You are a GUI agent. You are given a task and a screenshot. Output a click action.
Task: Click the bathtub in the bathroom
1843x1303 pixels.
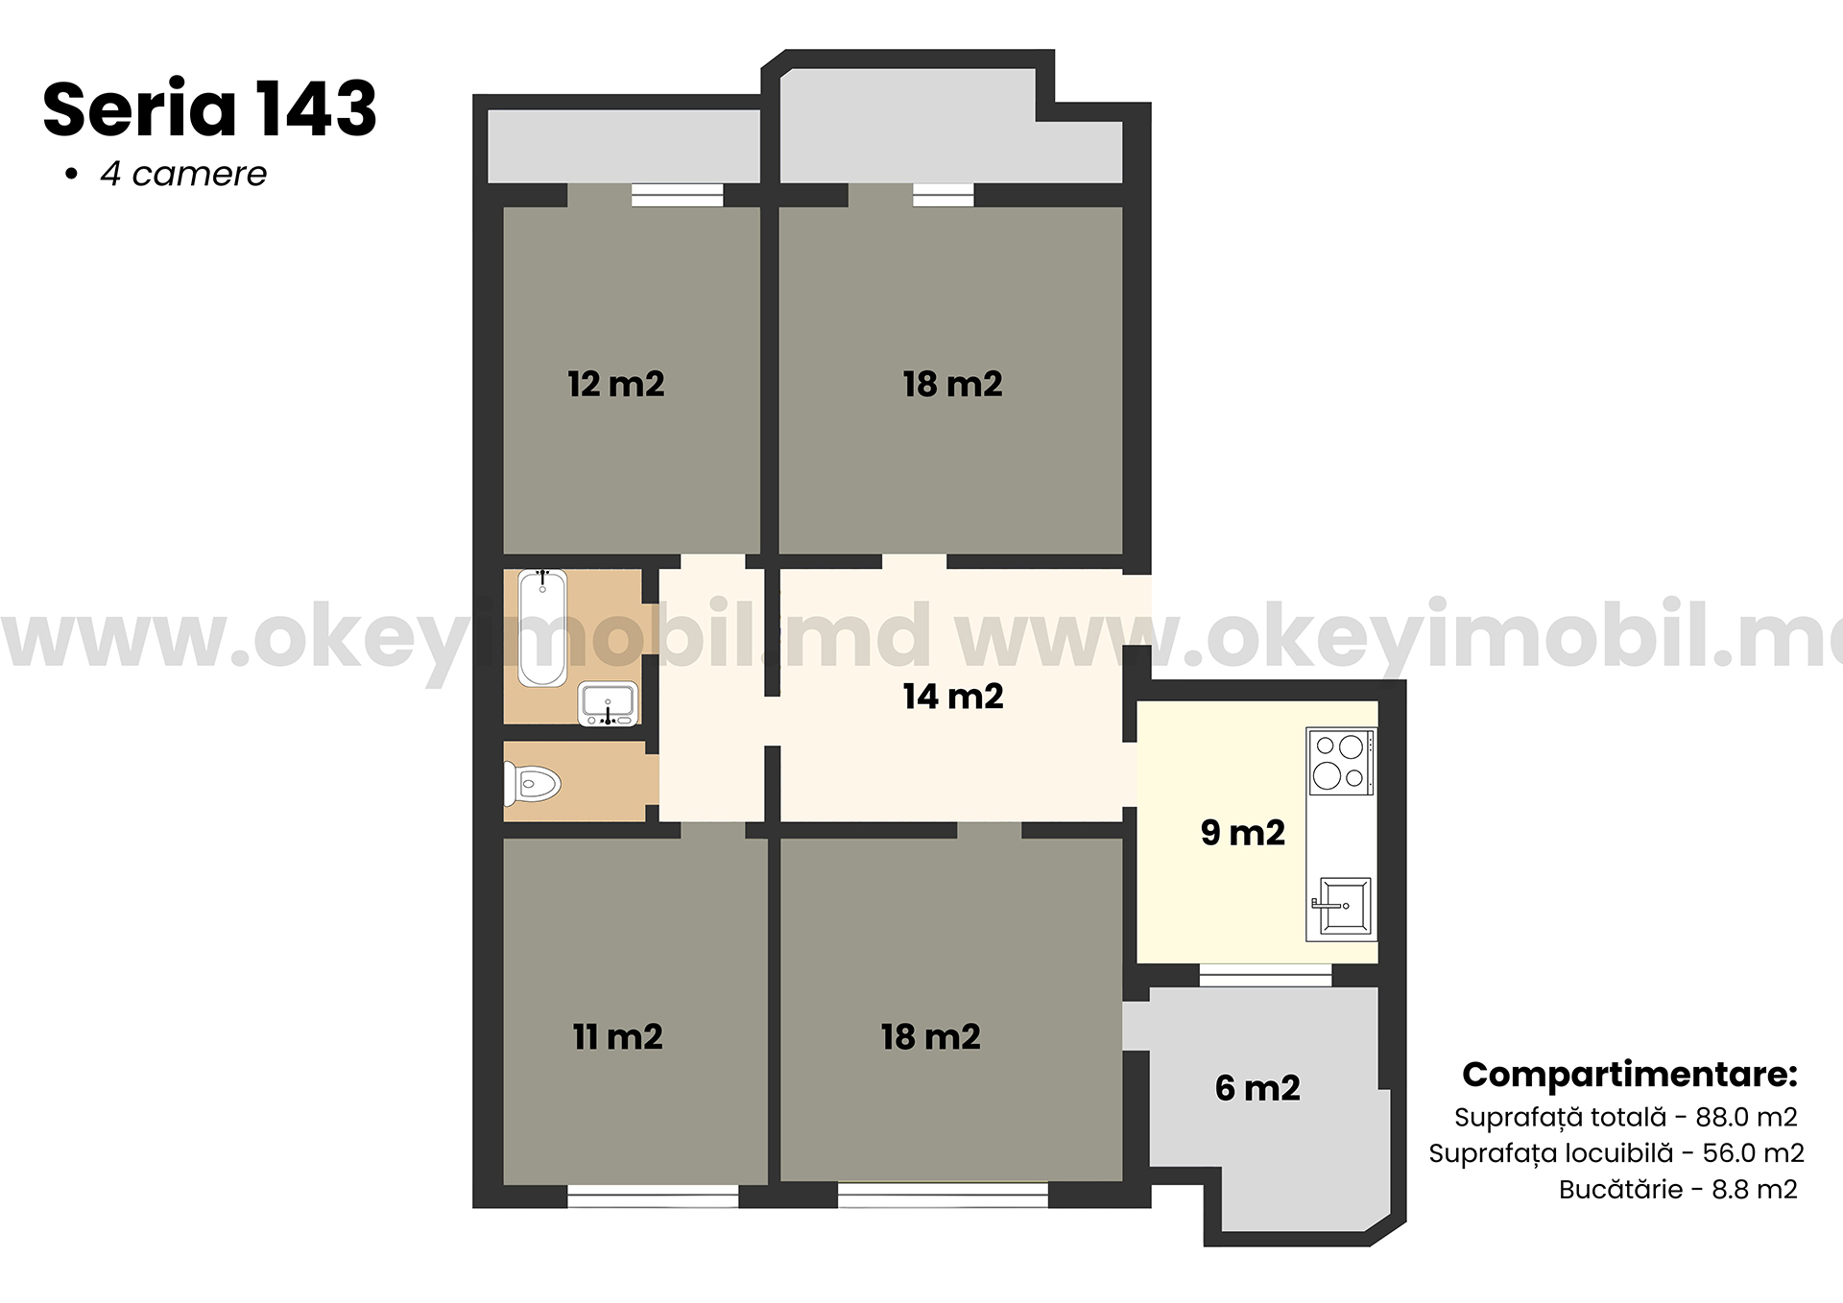coord(542,628)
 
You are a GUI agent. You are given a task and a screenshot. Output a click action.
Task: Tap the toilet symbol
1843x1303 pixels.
coord(532,784)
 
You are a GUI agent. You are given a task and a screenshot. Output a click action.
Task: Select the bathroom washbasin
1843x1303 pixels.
coord(608,703)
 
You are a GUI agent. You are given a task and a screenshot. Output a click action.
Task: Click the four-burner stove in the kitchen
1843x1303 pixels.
coord(1341,762)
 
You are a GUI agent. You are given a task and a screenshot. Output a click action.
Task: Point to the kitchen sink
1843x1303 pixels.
coord(1343,904)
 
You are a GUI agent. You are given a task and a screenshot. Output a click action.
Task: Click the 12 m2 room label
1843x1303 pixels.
coord(616,384)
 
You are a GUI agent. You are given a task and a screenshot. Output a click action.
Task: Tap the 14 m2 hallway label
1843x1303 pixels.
coord(953,696)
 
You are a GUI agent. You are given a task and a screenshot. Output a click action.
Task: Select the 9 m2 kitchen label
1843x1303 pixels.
coord(1243,832)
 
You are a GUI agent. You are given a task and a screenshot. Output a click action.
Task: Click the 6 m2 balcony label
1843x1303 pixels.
coord(1257,1087)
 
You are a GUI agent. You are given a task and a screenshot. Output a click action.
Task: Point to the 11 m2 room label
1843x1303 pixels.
coord(618,1036)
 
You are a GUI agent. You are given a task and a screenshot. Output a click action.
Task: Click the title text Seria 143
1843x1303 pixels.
coord(209,108)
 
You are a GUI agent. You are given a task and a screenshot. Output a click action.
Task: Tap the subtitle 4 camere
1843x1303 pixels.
coord(183,174)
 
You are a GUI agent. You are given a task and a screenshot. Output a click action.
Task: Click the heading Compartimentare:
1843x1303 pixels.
coord(1630,1074)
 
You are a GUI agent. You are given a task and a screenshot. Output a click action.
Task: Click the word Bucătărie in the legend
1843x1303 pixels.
coord(1620,1189)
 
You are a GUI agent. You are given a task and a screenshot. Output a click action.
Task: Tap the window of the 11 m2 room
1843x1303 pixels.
coord(653,1196)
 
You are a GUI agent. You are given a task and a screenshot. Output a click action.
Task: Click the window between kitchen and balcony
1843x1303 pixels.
coord(1265,975)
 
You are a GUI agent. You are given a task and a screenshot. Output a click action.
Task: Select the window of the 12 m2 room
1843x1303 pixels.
coord(677,196)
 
